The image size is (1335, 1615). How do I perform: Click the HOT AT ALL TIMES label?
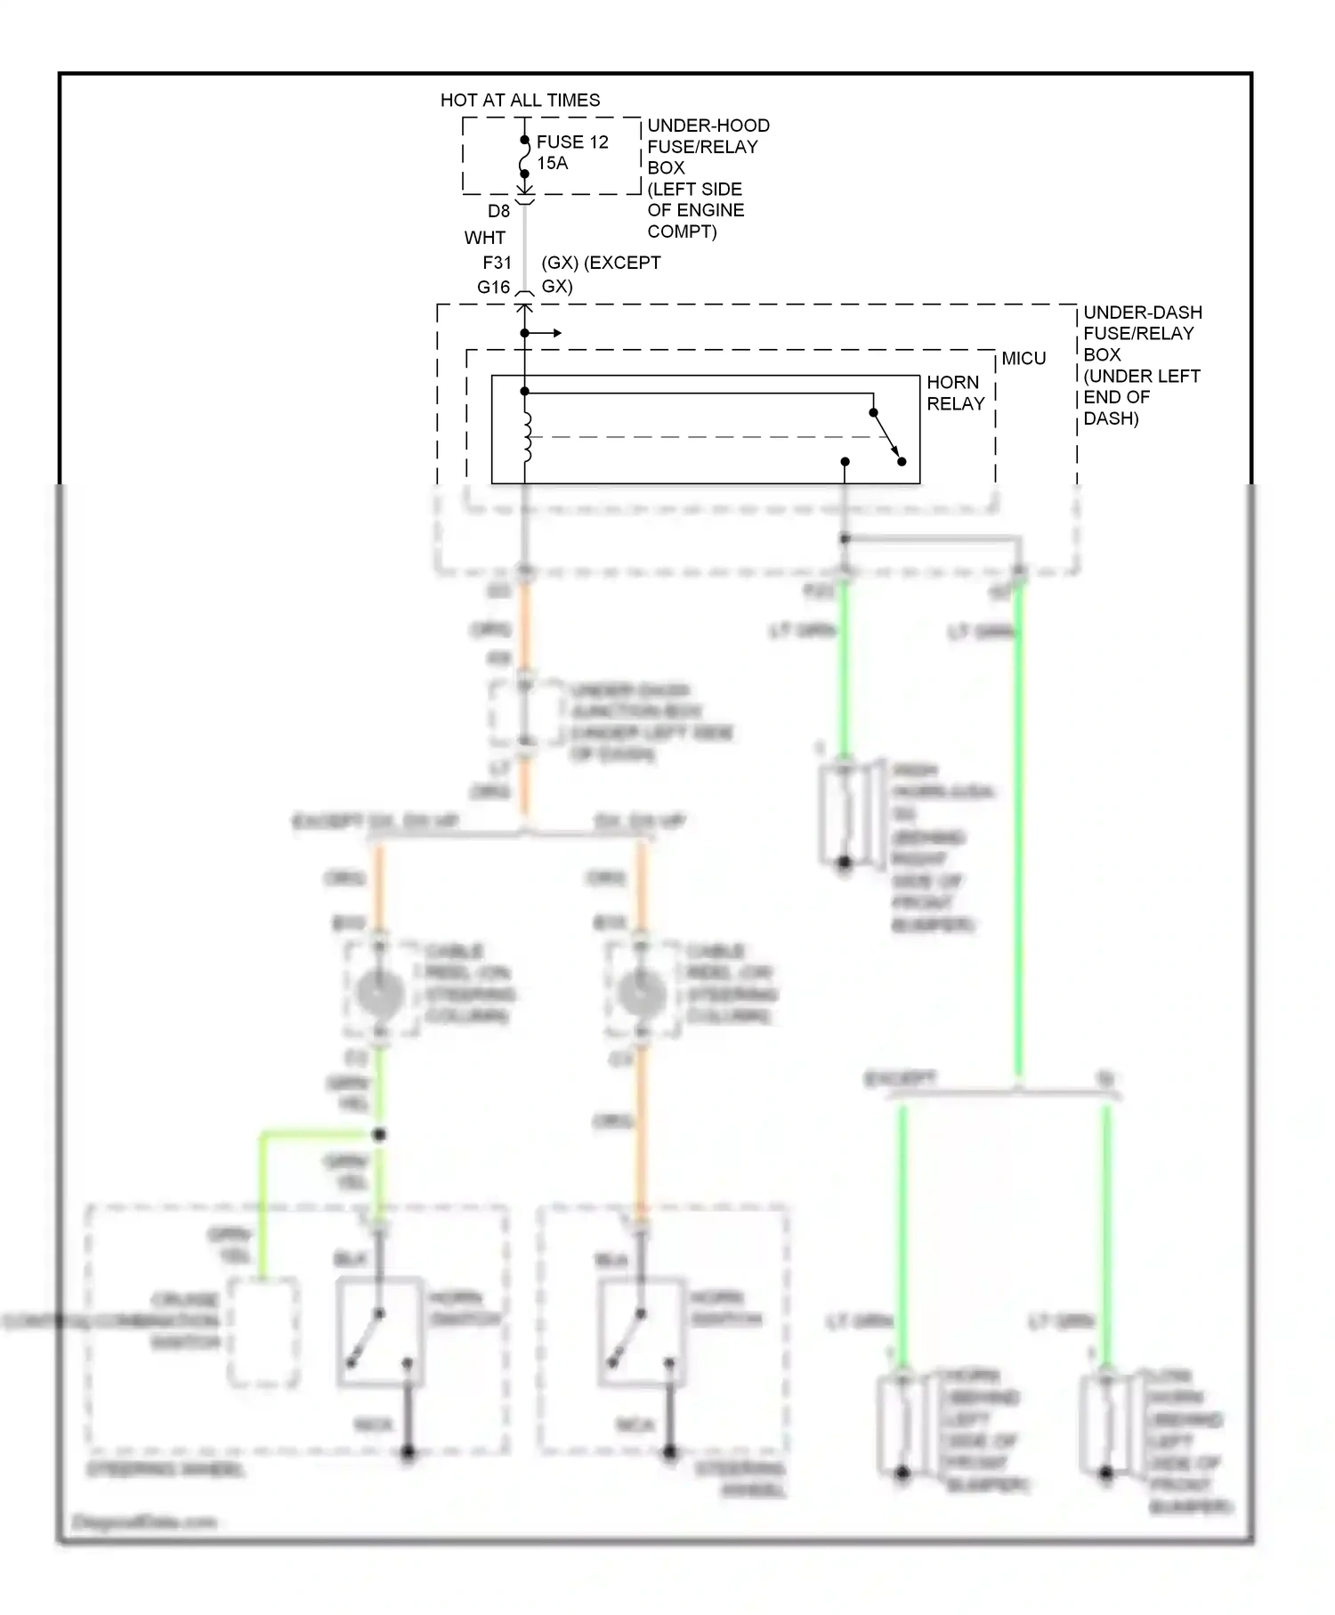coord(520,100)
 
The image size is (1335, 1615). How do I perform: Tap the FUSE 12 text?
coord(572,142)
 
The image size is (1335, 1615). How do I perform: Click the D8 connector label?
coord(498,211)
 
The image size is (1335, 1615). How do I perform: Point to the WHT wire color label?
coord(484,238)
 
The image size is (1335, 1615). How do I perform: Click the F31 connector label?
coord(497,263)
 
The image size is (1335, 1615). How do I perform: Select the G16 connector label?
coord(493,287)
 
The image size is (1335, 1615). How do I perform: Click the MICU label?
coord(1023,358)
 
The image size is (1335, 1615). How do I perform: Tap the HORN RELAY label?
coord(955,393)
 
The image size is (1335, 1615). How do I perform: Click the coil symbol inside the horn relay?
coord(527,436)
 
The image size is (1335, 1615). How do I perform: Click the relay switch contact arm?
coord(887,437)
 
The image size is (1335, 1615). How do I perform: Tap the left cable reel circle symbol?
coord(380,992)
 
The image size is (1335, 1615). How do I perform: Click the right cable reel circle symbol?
coord(641,992)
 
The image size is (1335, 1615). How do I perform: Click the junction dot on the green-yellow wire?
coord(379,1134)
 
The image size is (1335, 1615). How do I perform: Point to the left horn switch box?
coord(380,1332)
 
